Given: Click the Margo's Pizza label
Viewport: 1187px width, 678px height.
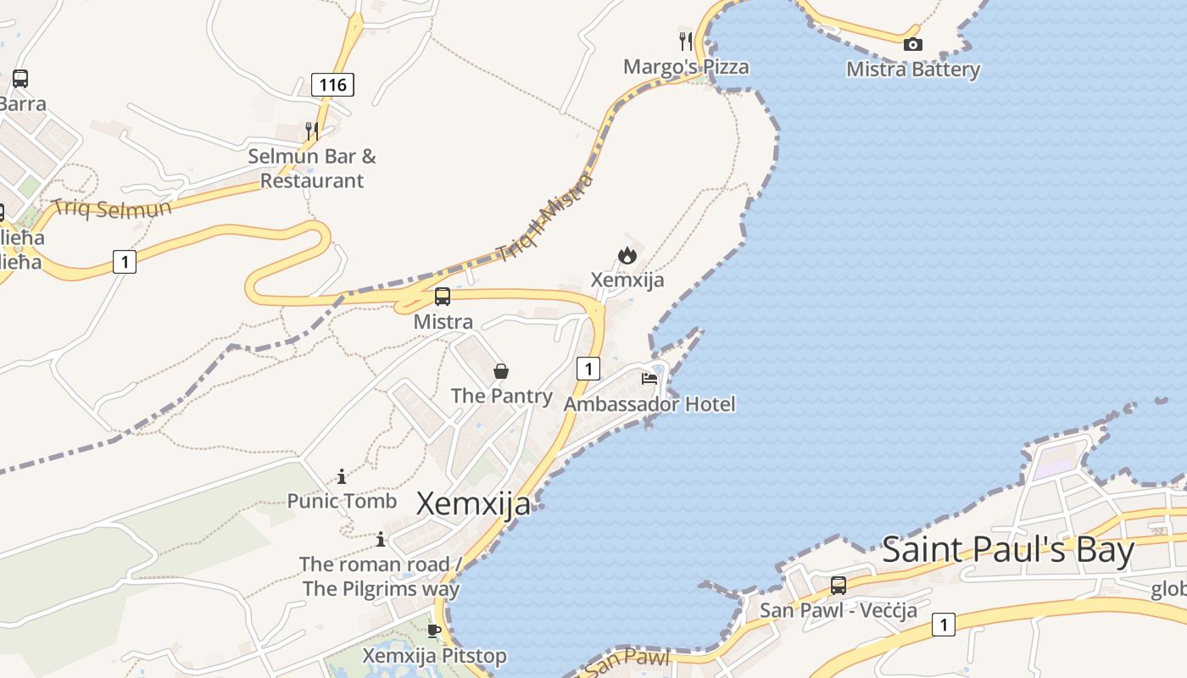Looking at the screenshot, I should [x=686, y=67].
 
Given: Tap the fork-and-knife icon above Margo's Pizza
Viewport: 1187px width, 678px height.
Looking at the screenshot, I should [x=686, y=40].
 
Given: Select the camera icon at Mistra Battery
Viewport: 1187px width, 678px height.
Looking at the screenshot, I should [x=912, y=44].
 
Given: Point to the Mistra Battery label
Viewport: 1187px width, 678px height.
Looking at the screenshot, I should [x=912, y=69].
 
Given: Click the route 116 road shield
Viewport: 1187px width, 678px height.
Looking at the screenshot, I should [x=332, y=85].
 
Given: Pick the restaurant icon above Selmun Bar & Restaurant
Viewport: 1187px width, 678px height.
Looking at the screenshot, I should [x=312, y=131].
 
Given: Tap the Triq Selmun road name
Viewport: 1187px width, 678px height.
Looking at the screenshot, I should [x=111, y=208].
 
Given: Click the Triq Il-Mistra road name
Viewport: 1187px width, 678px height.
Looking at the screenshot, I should [x=544, y=218].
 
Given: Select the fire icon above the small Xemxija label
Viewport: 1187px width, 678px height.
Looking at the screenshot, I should [x=627, y=254].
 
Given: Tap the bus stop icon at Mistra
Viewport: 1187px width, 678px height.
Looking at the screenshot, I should [x=442, y=297].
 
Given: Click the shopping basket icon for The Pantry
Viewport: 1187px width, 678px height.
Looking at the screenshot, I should [x=501, y=371].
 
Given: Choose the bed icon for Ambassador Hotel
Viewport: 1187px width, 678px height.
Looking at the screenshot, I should [x=649, y=378].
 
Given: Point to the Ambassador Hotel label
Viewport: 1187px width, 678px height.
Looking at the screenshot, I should [x=649, y=404].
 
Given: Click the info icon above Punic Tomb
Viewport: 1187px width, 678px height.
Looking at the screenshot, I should [x=342, y=476].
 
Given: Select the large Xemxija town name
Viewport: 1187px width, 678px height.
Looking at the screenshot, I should [x=473, y=503].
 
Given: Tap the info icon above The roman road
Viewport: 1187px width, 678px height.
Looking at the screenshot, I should [x=381, y=539].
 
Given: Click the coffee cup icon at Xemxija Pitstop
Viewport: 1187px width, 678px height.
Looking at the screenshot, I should [x=434, y=631].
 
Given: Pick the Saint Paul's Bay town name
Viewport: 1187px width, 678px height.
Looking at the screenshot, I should [x=1008, y=550].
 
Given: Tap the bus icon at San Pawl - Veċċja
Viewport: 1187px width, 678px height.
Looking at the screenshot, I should [x=838, y=585].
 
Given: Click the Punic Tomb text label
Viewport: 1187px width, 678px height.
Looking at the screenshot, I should [x=342, y=501].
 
